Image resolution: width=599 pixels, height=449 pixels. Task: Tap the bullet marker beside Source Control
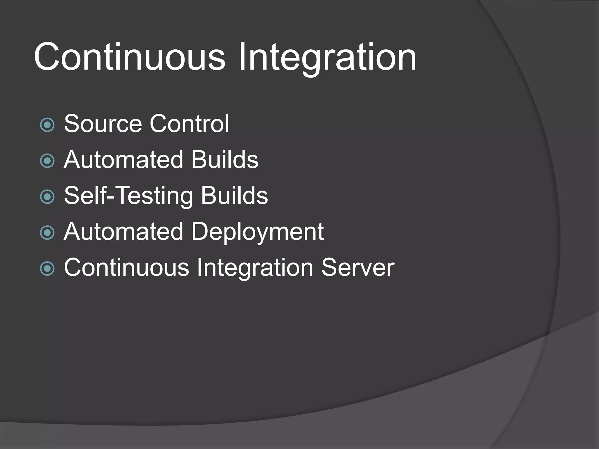click(x=47, y=125)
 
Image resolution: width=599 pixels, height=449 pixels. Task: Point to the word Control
click(x=189, y=124)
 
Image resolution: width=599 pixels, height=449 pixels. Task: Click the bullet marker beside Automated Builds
click(x=47, y=161)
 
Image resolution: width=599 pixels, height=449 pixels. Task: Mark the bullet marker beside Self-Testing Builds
click(x=47, y=197)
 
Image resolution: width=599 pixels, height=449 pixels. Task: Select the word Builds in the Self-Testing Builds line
click(x=234, y=196)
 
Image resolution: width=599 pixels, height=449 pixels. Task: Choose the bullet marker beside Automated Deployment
click(x=47, y=233)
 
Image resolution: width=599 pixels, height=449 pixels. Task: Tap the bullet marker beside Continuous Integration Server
click(x=47, y=269)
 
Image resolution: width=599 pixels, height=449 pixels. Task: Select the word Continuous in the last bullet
click(x=127, y=268)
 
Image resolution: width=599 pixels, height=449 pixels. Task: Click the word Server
click(x=358, y=268)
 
